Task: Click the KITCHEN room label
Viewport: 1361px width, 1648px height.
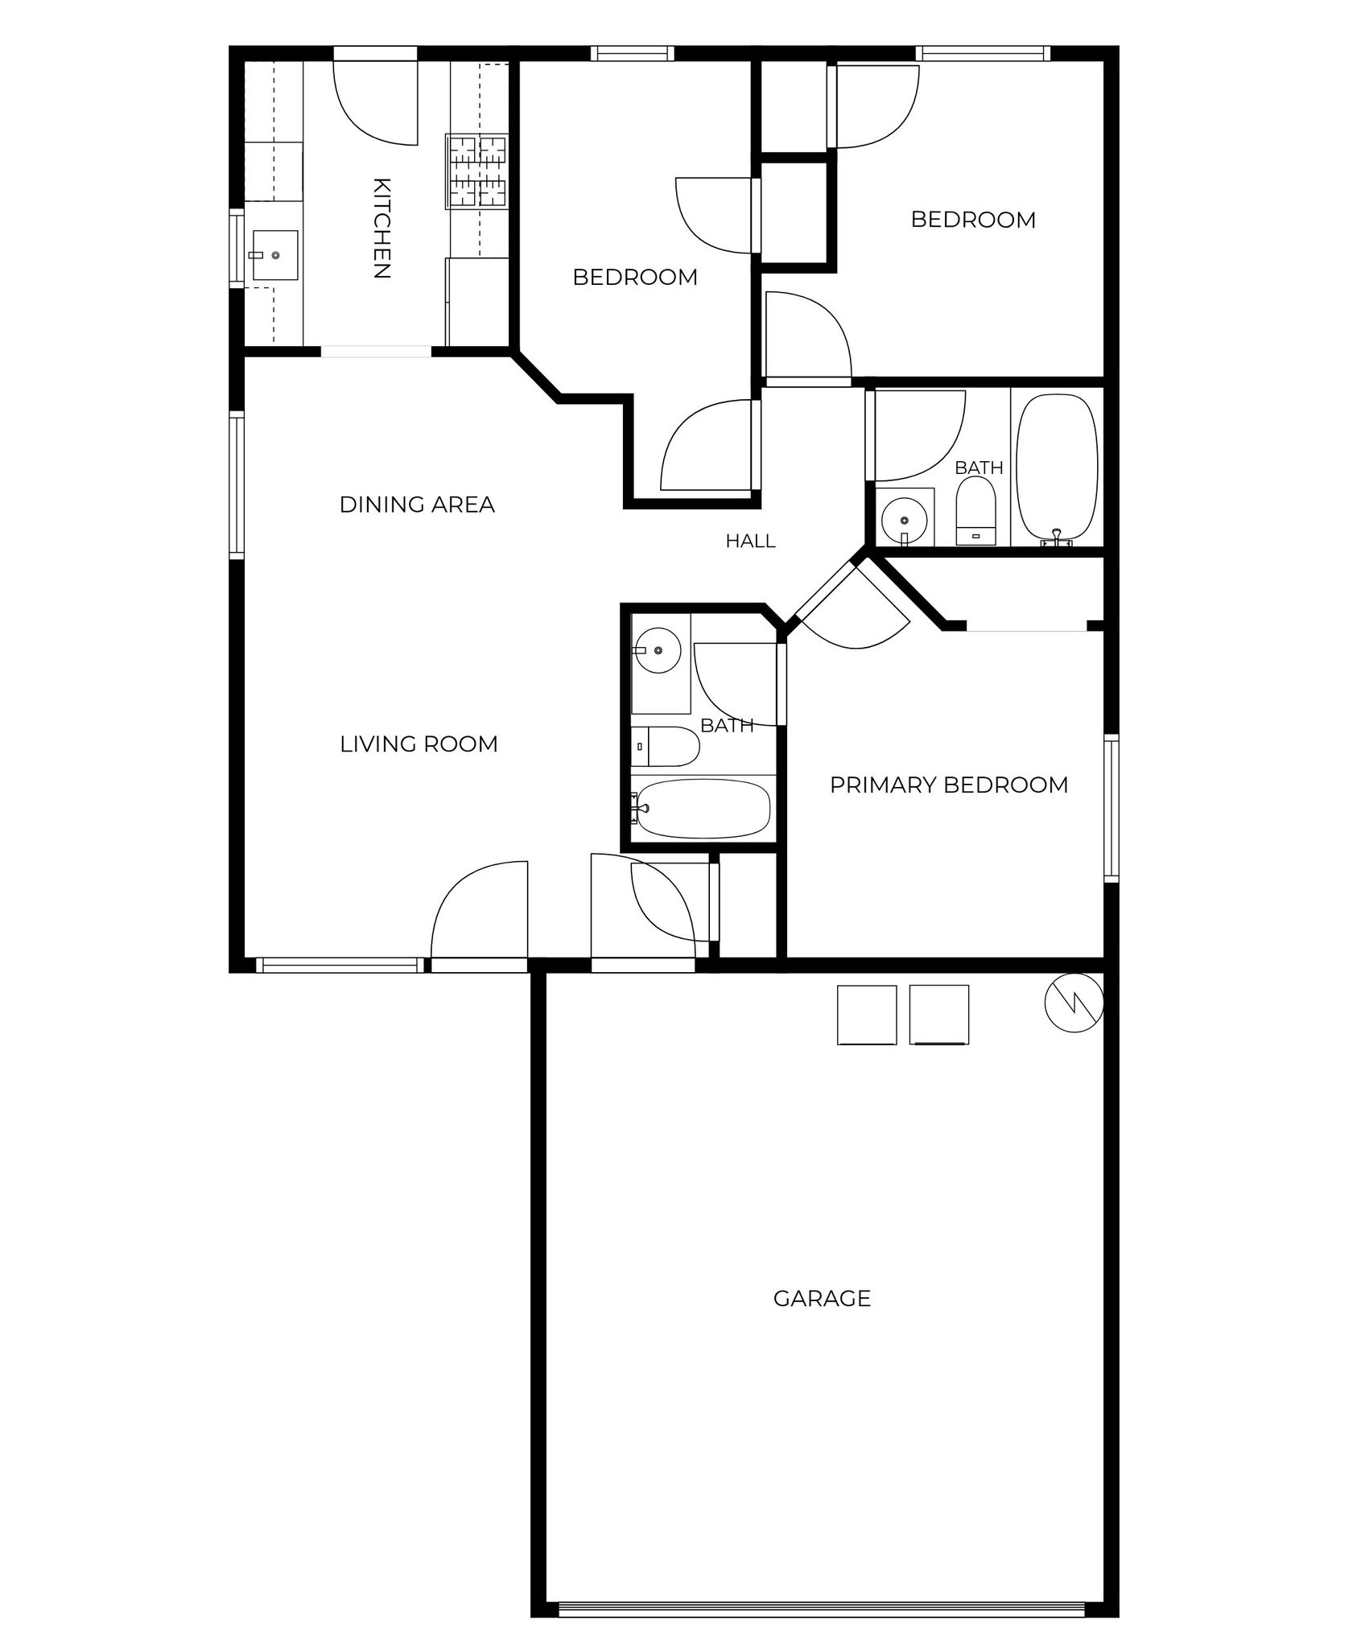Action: (x=382, y=228)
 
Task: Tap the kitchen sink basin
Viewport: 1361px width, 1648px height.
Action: (x=275, y=255)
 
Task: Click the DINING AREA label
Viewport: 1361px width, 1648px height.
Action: (x=417, y=505)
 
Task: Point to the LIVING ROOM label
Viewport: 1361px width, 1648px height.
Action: (x=419, y=744)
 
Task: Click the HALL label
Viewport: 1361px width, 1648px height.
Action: (x=751, y=542)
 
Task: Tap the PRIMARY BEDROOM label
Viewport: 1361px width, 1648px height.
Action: (x=949, y=785)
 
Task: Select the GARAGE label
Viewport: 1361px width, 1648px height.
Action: (x=822, y=1299)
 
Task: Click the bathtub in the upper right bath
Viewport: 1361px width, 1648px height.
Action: (x=1057, y=469)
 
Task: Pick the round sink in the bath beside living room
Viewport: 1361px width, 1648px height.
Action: (x=658, y=649)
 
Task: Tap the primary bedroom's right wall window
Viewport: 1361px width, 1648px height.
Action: (x=1111, y=808)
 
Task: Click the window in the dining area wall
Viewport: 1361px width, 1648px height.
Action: (x=237, y=484)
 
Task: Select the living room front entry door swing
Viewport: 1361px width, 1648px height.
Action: (x=480, y=910)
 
